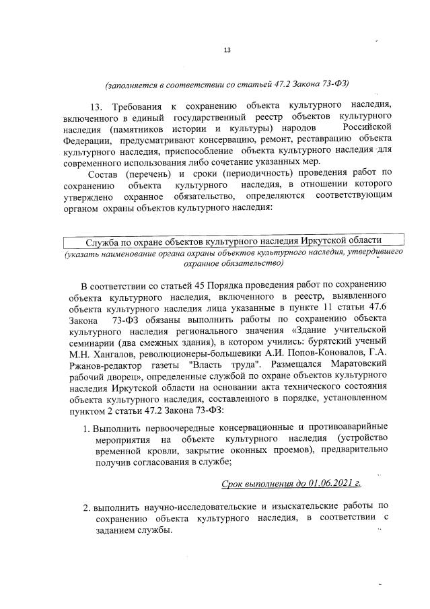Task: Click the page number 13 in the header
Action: [227, 50]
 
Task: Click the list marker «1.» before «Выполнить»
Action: [86, 427]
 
